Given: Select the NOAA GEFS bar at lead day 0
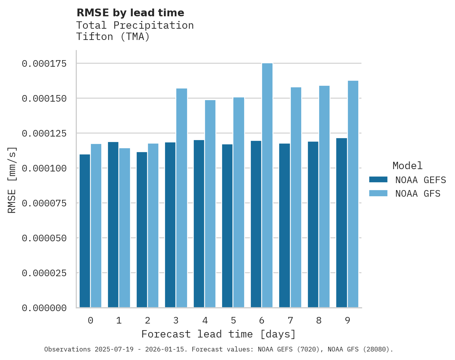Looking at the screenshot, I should pos(85,231).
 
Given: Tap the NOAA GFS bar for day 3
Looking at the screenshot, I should pos(182,198).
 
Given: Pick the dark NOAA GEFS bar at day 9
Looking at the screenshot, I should pos(342,223).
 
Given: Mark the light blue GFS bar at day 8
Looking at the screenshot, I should pos(324,196).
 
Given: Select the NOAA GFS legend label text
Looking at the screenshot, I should pos(418,194).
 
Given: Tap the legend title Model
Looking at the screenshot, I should pos(407,166).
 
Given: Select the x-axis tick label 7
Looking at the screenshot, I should pos(290,320).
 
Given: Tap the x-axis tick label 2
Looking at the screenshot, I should pos(148,320).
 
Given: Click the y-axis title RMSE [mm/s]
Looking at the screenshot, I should pos(12,180).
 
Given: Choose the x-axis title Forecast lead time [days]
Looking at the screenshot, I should pos(219,334).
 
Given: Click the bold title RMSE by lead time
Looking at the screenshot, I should pos(130,13).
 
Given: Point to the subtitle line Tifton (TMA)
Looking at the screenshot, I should pos(113,37).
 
